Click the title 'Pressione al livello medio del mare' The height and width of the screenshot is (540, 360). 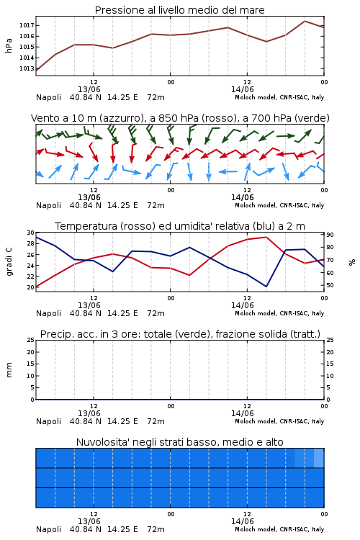[x=179, y=10]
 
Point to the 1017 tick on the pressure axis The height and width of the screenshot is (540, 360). [x=27, y=25]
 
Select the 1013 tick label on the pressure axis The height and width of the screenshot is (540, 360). [x=27, y=68]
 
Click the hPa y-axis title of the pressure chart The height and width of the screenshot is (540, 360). [x=9, y=45]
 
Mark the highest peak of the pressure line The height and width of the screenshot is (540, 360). [x=305, y=21]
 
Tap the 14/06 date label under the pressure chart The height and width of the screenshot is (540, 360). [x=242, y=89]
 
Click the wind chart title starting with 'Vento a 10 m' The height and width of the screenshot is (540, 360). [x=180, y=118]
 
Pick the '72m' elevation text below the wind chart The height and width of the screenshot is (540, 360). [x=156, y=205]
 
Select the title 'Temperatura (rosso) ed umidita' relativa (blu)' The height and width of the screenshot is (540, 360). [x=180, y=226]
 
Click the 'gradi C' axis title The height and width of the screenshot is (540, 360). [x=9, y=262]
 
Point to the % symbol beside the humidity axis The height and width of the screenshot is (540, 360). [x=352, y=262]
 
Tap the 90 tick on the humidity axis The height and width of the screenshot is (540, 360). [x=330, y=235]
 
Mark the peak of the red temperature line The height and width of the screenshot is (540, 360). [x=266, y=237]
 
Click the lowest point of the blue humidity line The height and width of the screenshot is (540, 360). [x=266, y=287]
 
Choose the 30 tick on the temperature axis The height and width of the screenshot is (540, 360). [x=31, y=233]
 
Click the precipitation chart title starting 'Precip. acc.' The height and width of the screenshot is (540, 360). [x=180, y=334]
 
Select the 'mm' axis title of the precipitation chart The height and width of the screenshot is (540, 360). [x=9, y=369]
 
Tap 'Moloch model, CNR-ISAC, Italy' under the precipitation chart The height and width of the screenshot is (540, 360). [x=279, y=421]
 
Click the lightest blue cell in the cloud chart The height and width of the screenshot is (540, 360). [x=319, y=458]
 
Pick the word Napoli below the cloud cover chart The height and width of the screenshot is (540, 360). [x=48, y=529]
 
